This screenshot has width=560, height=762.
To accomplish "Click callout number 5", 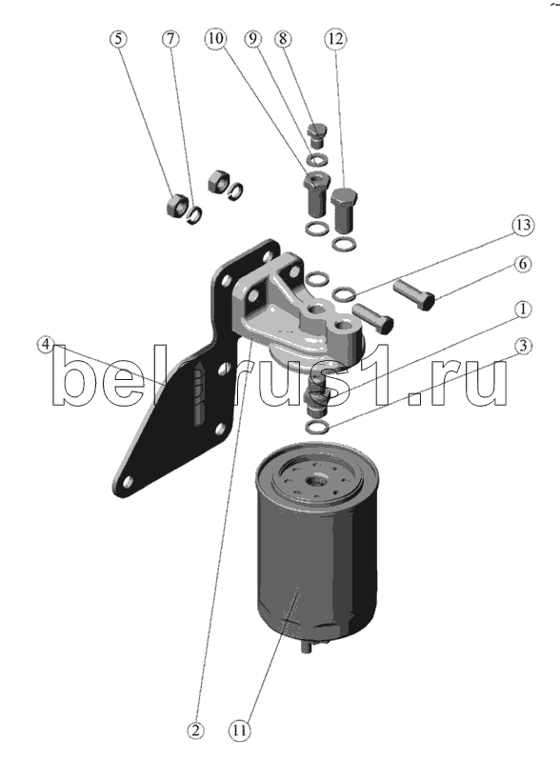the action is click(x=119, y=38).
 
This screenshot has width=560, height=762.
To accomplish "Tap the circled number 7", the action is click(x=170, y=38).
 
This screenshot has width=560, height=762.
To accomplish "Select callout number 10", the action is click(x=216, y=38).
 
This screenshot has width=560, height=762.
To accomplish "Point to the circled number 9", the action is click(x=252, y=38).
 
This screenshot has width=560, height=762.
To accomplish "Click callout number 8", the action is click(x=283, y=38).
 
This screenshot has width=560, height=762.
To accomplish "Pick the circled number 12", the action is click(x=335, y=38).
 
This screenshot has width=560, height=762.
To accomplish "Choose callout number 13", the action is click(x=523, y=225).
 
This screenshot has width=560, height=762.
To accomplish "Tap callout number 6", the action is click(x=523, y=264).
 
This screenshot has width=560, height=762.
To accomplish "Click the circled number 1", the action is click(x=523, y=309).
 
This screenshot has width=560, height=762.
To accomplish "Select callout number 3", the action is click(x=523, y=346).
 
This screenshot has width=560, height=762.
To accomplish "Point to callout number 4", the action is click(x=45, y=345).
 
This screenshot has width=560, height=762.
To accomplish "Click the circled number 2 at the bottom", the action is click(x=195, y=730).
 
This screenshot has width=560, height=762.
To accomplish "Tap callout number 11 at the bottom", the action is click(x=239, y=730).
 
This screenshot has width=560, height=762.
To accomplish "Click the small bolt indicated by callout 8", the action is click(x=317, y=135).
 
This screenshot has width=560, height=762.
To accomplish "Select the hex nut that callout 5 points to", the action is click(x=176, y=205).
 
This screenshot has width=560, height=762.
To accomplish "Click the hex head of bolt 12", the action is click(x=345, y=197).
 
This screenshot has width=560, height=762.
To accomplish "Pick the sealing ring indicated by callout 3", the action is click(x=318, y=427).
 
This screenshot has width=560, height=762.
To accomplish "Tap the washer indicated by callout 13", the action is click(x=345, y=294).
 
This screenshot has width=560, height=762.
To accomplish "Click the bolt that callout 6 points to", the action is click(x=413, y=294).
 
